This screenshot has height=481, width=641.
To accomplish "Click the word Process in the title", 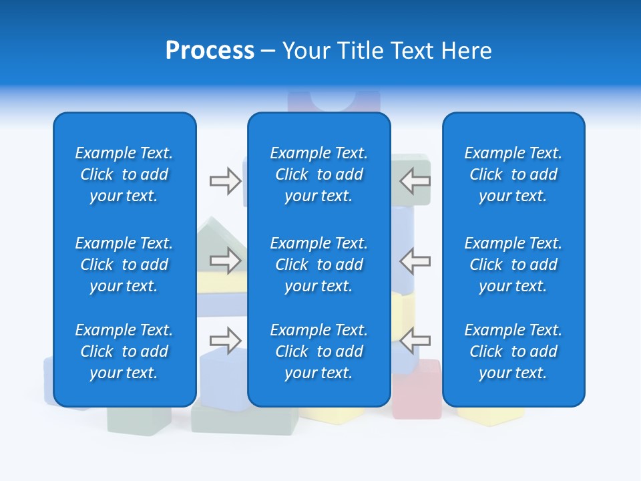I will tap(210, 51).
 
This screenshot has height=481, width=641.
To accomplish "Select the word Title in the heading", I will tap(359, 51).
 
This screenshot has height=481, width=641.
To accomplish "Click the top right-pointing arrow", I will tap(225, 181).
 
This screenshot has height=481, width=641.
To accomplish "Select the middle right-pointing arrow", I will tap(225, 261).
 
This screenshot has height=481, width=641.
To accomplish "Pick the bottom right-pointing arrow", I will tap(225, 340).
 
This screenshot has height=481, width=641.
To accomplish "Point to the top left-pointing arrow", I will tap(415, 181).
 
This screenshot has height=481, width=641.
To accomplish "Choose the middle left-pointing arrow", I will tap(415, 261).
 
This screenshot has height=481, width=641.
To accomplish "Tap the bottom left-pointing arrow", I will tap(415, 340).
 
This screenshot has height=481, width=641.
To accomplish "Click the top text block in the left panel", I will tap(124, 174).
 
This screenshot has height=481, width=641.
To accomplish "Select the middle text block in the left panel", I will tap(124, 265).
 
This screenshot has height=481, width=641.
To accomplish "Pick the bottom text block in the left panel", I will tap(124, 351).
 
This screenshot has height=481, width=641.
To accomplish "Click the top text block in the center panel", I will tap(318, 174).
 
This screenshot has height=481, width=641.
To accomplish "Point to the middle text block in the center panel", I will tap(318, 265).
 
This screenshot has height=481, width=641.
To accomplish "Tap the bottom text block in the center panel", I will tap(318, 351).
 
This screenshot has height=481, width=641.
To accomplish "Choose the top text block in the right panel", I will tap(513, 174).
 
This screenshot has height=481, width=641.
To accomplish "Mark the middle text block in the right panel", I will tap(513, 265).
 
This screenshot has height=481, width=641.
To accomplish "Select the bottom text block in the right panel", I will tap(513, 351).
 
